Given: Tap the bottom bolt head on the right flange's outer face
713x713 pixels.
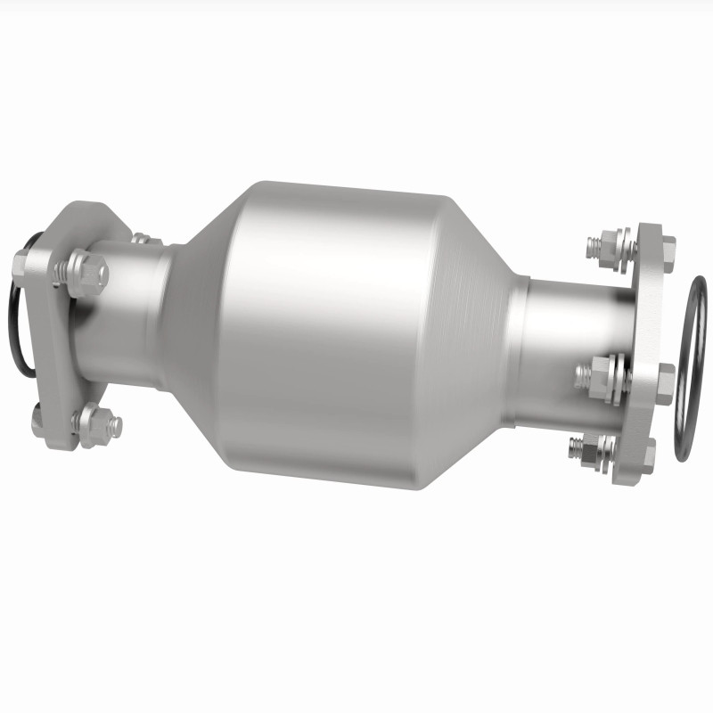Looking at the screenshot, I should [649, 453].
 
